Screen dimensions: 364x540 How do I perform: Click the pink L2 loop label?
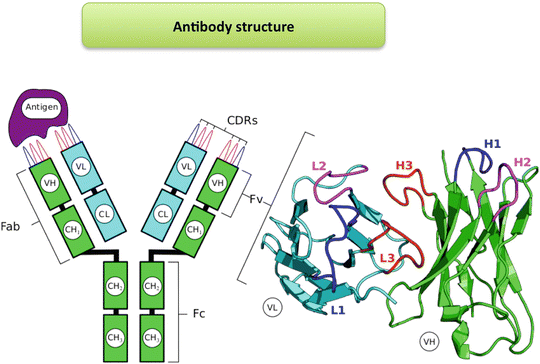(x=319, y=164)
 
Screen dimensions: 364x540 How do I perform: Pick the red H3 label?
(x=404, y=164)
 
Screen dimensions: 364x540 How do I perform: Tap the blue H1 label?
(x=492, y=144)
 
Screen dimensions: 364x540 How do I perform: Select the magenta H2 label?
(x=521, y=161)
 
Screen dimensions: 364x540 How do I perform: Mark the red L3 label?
(x=392, y=259)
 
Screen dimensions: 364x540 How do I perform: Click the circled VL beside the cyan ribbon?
(x=269, y=306)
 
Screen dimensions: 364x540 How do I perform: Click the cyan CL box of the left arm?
(x=103, y=212)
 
